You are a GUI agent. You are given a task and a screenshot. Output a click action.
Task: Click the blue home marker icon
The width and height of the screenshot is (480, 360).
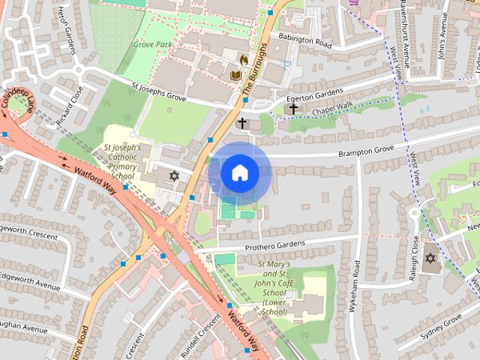[239, 173]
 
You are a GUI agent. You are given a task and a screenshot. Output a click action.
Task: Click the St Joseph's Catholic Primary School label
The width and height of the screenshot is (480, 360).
[122, 162]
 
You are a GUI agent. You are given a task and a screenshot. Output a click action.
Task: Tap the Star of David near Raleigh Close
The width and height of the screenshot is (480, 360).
[430, 259]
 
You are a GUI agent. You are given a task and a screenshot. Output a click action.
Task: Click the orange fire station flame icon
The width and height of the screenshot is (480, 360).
[243, 58]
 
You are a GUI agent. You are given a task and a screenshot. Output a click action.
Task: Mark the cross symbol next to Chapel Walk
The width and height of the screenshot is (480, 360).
[293, 108]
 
